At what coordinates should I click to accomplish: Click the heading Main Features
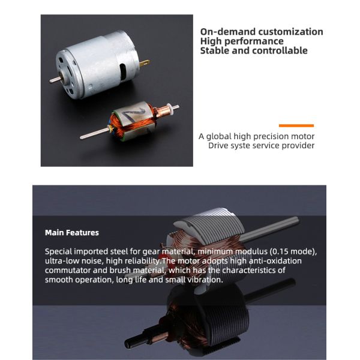pos(72,232)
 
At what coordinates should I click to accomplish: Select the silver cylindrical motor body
pos(96,67)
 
